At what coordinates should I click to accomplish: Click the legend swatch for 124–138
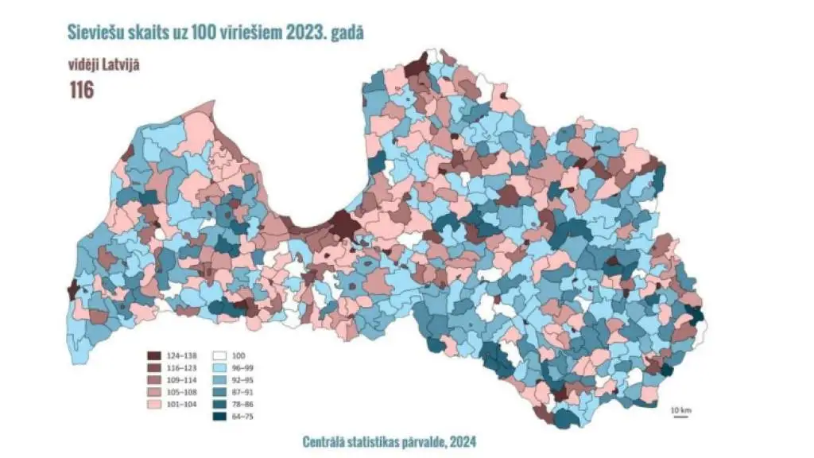[155, 355]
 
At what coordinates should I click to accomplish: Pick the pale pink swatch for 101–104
[155, 404]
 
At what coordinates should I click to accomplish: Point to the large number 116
[81, 90]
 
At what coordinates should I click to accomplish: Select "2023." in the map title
[294, 32]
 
